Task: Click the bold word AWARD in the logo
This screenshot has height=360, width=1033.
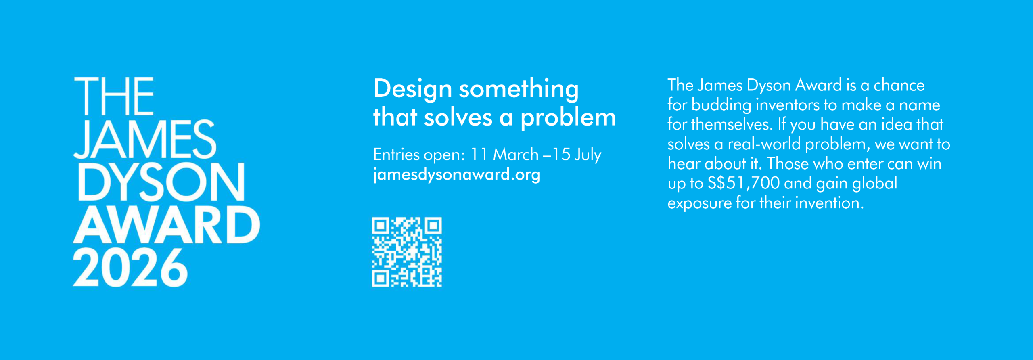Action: coord(166,225)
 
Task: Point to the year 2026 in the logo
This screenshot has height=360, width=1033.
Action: coord(130,268)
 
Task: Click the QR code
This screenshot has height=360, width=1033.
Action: coord(407,252)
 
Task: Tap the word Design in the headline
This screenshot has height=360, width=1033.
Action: coord(412,89)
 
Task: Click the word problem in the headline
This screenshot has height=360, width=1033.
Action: coord(568,118)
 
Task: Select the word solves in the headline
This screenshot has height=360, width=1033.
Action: coord(458,118)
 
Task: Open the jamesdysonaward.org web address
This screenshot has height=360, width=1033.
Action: coord(456,175)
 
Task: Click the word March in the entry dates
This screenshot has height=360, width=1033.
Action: coord(516,155)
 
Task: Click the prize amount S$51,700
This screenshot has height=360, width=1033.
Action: coord(744,184)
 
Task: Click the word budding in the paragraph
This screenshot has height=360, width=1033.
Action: coord(721,105)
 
